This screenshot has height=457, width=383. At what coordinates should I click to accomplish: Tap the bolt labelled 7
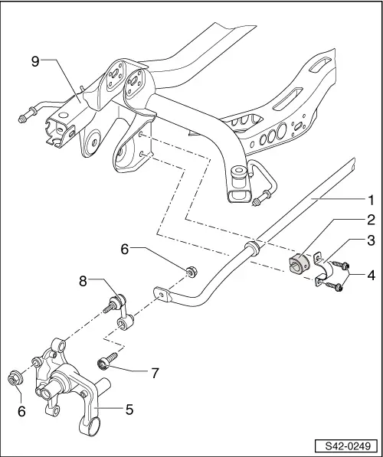coord(105,362)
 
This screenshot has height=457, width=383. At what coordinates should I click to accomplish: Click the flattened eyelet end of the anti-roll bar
coord(162,294)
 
